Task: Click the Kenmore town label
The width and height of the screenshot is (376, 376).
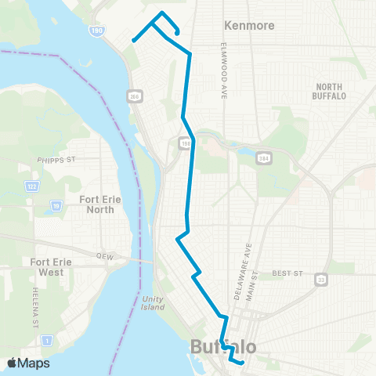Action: click(x=249, y=26)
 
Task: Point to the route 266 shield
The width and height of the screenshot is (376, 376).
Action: click(x=136, y=95)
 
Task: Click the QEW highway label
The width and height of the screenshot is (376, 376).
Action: click(x=106, y=255)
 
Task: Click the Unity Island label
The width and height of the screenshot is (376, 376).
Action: click(x=154, y=302)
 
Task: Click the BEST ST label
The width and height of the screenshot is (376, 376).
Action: click(x=287, y=273)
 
